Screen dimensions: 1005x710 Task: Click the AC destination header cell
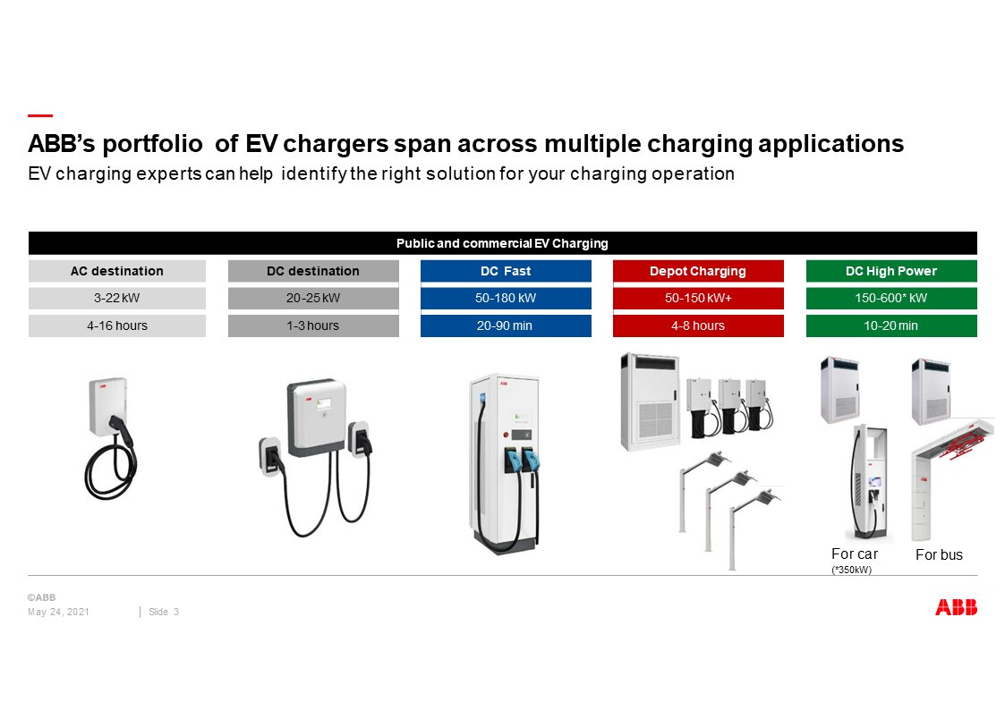point(116,271)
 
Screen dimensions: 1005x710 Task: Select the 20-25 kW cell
point(313,299)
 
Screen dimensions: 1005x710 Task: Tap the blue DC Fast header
point(506,271)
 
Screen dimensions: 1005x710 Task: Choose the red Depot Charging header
point(698,271)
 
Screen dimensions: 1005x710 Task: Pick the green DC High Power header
point(891,271)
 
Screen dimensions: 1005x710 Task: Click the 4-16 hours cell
point(116,325)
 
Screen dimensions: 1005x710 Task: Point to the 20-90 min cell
point(506,325)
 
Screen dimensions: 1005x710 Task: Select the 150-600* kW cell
point(891,299)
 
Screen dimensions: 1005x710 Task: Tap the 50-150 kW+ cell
point(698,299)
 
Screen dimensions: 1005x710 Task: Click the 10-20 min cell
point(891,325)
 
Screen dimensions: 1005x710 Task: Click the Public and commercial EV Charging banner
point(503,243)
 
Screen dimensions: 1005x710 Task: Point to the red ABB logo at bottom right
point(957,607)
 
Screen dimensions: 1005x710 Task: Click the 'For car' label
point(855,554)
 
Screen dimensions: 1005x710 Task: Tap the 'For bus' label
point(939,554)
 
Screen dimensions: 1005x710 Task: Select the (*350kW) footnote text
point(851,570)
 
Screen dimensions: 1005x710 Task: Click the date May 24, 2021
point(58,612)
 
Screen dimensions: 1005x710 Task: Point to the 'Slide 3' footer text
point(164,612)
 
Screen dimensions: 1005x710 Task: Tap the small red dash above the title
point(39,116)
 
